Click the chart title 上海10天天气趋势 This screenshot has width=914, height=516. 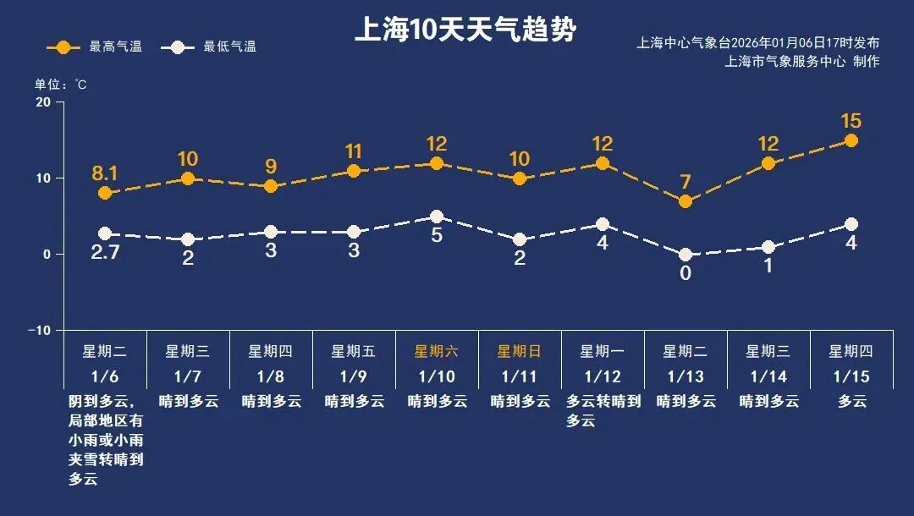tap(465, 31)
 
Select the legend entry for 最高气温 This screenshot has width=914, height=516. tap(95, 47)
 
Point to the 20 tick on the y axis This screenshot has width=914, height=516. tap(42, 102)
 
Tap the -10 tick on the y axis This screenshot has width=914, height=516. tap(39, 330)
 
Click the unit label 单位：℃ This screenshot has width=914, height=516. tap(60, 85)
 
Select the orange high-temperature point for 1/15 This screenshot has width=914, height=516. tap(851, 140)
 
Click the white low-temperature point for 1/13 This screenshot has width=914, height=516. tap(685, 255)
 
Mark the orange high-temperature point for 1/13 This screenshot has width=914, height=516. tap(685, 201)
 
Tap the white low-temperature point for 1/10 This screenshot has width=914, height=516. tap(437, 217)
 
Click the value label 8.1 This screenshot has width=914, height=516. tap(105, 174)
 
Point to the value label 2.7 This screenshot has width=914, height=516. tap(105, 250)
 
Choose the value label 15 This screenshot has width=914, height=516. tap(851, 121)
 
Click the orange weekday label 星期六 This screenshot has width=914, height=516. tap(436, 351)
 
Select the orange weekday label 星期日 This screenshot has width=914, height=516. tap(519, 351)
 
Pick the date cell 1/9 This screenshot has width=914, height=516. tap(353, 376)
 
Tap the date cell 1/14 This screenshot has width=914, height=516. tap(768, 376)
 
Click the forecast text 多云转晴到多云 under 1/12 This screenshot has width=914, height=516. tap(603, 410)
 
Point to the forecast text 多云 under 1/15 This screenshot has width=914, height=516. tap(852, 402)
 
